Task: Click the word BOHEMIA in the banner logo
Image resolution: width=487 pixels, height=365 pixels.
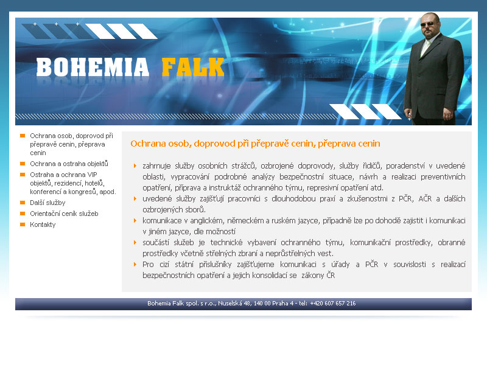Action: tap(93, 67)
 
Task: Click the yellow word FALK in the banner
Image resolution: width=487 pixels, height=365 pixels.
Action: tap(193, 67)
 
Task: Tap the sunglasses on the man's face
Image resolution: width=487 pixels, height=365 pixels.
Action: tap(428, 24)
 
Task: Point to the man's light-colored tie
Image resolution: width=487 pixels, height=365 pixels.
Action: tap(425, 47)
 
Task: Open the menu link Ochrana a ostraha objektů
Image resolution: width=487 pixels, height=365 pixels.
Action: tap(69, 164)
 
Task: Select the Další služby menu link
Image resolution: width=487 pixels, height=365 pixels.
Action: tap(47, 203)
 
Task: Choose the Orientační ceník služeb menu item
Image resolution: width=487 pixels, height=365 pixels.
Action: tap(64, 214)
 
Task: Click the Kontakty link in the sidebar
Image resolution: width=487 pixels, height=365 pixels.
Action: tap(43, 224)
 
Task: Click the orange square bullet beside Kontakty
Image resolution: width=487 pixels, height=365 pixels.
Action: tap(23, 224)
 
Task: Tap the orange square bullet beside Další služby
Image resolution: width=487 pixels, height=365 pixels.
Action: tap(23, 203)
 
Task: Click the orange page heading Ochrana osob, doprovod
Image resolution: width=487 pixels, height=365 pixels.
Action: tap(255, 144)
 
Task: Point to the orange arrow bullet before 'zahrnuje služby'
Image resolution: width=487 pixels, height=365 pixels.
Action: tap(135, 165)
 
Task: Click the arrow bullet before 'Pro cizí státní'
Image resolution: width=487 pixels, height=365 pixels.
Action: tap(135, 264)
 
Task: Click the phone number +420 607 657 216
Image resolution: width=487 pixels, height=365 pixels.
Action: tap(333, 303)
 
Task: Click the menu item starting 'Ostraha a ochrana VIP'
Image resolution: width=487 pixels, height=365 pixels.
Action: tap(72, 183)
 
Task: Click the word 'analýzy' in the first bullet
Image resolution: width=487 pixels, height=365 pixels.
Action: tap(263, 176)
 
